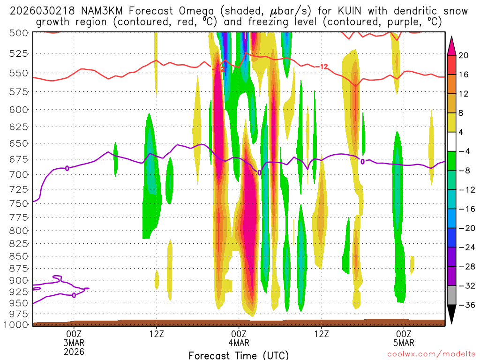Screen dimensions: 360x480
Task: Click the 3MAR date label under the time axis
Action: pos(74,342)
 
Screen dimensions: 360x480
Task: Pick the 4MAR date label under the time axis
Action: pos(239,342)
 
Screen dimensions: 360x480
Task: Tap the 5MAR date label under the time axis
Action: pos(404,342)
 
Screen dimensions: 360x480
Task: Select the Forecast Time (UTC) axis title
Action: pos(239,355)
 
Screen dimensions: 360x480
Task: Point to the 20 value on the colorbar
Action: pos(464,55)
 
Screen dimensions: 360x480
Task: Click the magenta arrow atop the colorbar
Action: pos(452,45)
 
